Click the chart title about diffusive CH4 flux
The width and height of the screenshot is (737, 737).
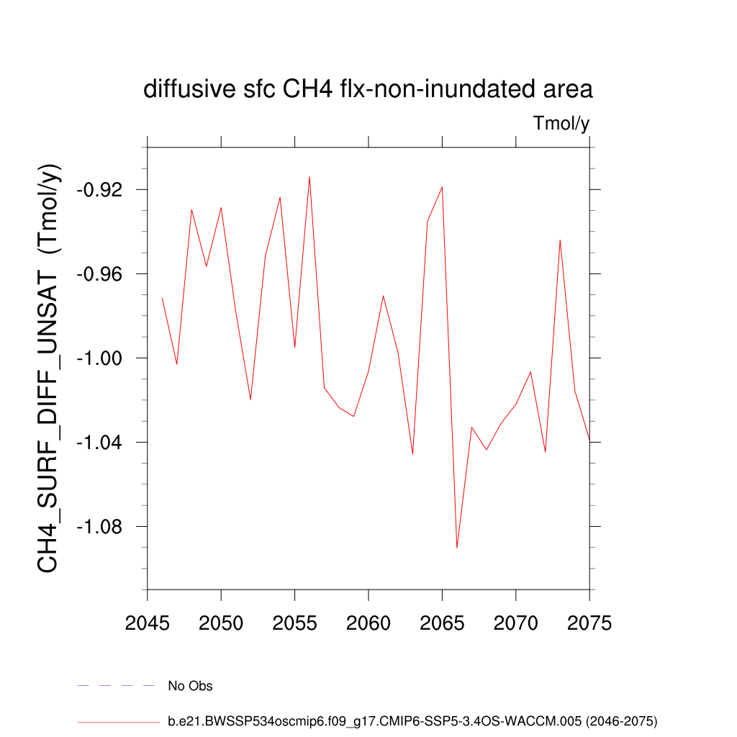point(368,89)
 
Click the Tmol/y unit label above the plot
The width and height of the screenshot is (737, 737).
point(561,124)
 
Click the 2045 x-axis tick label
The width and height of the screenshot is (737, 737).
point(148,623)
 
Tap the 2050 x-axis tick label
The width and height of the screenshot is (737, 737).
point(221,623)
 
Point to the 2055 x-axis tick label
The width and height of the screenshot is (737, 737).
point(295,623)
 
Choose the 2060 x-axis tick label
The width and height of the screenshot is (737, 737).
point(368,623)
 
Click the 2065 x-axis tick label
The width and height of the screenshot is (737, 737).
point(442,623)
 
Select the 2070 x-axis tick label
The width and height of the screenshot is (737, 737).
point(516,623)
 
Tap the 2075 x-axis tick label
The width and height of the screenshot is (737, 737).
point(589,623)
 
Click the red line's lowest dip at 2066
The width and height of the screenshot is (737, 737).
point(457,547)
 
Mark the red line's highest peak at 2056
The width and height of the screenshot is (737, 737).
point(309,177)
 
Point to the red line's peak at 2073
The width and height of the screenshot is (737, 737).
point(560,240)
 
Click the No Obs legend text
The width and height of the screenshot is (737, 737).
point(190,686)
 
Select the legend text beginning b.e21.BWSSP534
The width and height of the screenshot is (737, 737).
point(412,720)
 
